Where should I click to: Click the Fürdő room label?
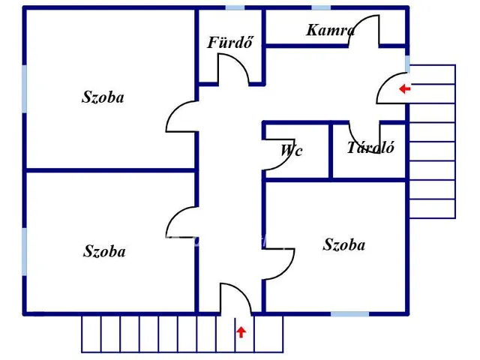click(230, 42)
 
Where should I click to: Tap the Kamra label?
click(331, 30)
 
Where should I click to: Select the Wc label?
click(292, 150)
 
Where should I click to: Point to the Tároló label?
click(370, 148)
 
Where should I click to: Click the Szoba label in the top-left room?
click(103, 97)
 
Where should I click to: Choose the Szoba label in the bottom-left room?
click(104, 251)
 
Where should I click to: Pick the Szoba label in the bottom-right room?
click(344, 245)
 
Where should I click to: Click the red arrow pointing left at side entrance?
click(405, 88)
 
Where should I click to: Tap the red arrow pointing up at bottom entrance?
click(241, 331)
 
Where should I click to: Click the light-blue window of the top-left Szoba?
click(24, 88)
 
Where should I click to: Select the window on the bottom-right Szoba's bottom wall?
click(350, 314)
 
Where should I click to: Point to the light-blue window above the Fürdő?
click(235, 7)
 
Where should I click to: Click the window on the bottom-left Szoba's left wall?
click(24, 252)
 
